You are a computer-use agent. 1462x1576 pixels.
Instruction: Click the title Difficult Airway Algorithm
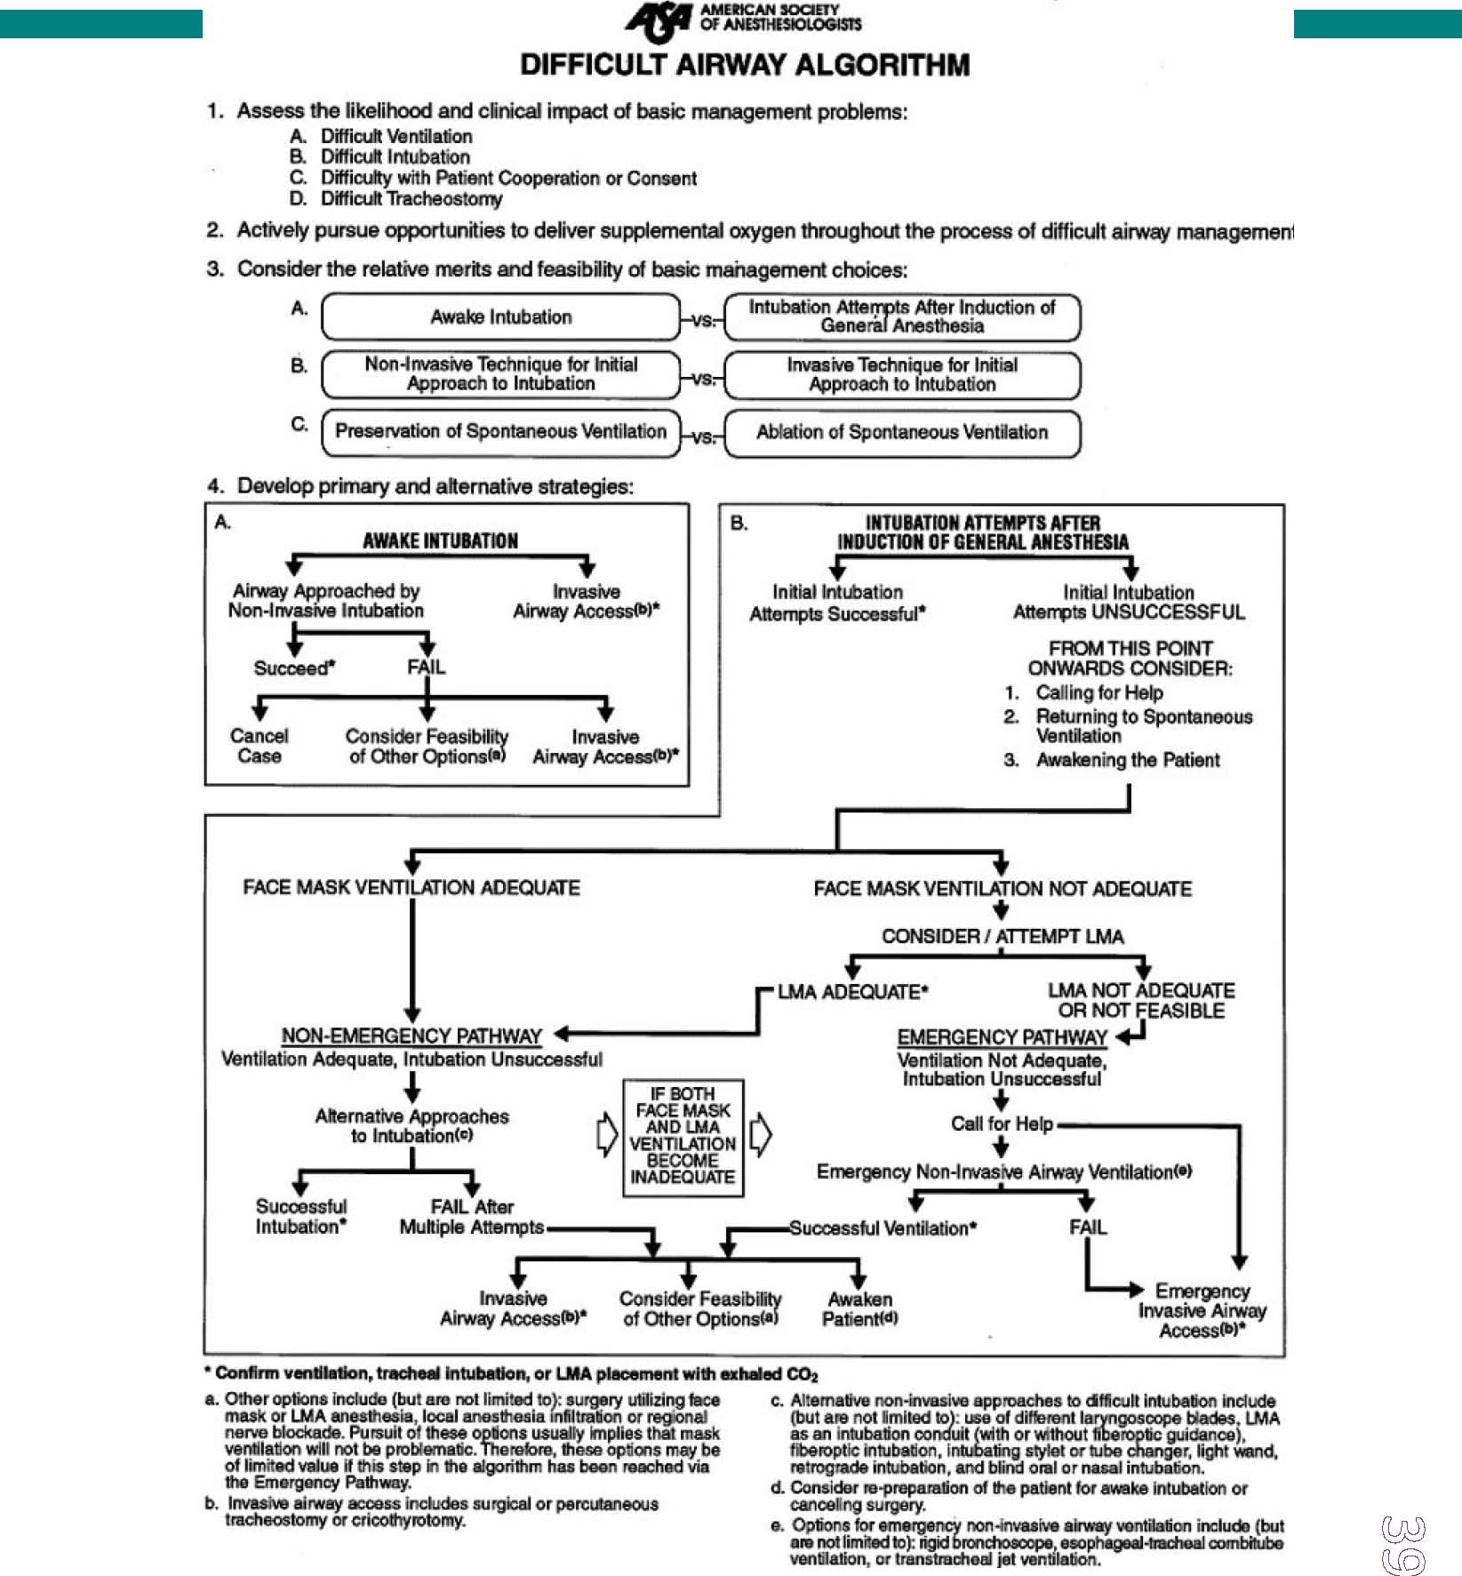745,65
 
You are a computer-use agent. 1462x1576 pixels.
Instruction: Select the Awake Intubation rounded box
500,317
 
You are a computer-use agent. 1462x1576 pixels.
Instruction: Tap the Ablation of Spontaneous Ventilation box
902,433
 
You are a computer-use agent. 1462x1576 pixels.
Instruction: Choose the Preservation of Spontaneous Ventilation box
500,432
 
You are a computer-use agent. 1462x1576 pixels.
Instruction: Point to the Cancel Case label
259,746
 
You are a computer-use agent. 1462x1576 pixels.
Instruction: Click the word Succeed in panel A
292,668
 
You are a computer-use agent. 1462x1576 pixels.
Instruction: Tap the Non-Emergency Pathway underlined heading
411,1036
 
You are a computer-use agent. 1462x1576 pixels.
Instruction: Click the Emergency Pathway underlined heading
1002,1037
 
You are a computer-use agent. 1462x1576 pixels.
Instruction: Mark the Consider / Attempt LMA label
1002,937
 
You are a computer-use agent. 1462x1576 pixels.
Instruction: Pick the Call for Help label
1002,1124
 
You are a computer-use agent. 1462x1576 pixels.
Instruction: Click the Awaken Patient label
859,1309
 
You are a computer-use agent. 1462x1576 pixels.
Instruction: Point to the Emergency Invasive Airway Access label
1202,1310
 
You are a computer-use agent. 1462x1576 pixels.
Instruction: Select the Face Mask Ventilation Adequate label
411,888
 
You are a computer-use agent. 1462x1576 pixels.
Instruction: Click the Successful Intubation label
301,1217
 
